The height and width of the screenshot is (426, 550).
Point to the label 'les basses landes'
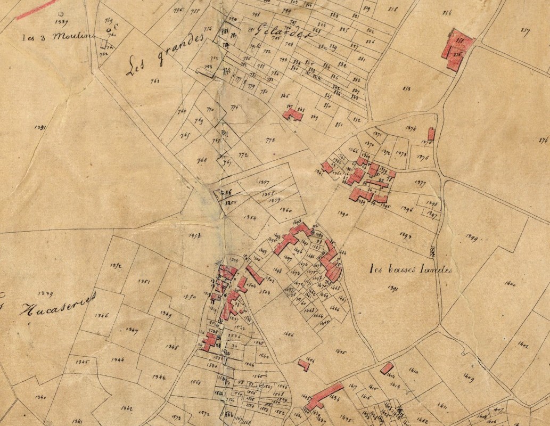pyautogui.click(x=411, y=269)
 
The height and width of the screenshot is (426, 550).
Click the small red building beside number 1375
pyautogui.click(x=431, y=134)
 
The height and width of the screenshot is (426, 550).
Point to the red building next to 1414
pyautogui.click(x=387, y=368)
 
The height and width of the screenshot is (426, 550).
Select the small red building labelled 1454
pyautogui.click(x=303, y=365)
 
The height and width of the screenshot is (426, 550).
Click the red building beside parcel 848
pyautogui.click(x=292, y=114)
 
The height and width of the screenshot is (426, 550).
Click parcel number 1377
pyautogui.click(x=420, y=185)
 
